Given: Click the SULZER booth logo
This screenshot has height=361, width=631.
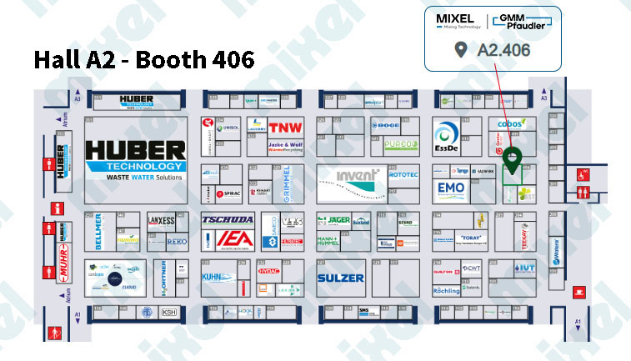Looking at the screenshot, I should [341, 278].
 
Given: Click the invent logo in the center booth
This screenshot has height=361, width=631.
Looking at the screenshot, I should [359, 175].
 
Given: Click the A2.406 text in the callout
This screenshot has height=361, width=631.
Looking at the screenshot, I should [503, 50].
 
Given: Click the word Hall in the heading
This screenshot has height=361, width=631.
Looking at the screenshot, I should [59, 61].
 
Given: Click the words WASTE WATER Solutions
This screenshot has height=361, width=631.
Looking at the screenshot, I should [136, 177].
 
